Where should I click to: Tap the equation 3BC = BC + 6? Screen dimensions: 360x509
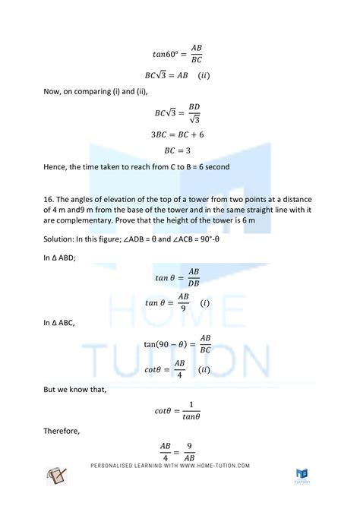click(180, 134)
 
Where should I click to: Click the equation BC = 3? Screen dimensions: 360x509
click(180, 151)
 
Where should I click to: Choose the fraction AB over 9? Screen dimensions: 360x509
click(183, 302)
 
